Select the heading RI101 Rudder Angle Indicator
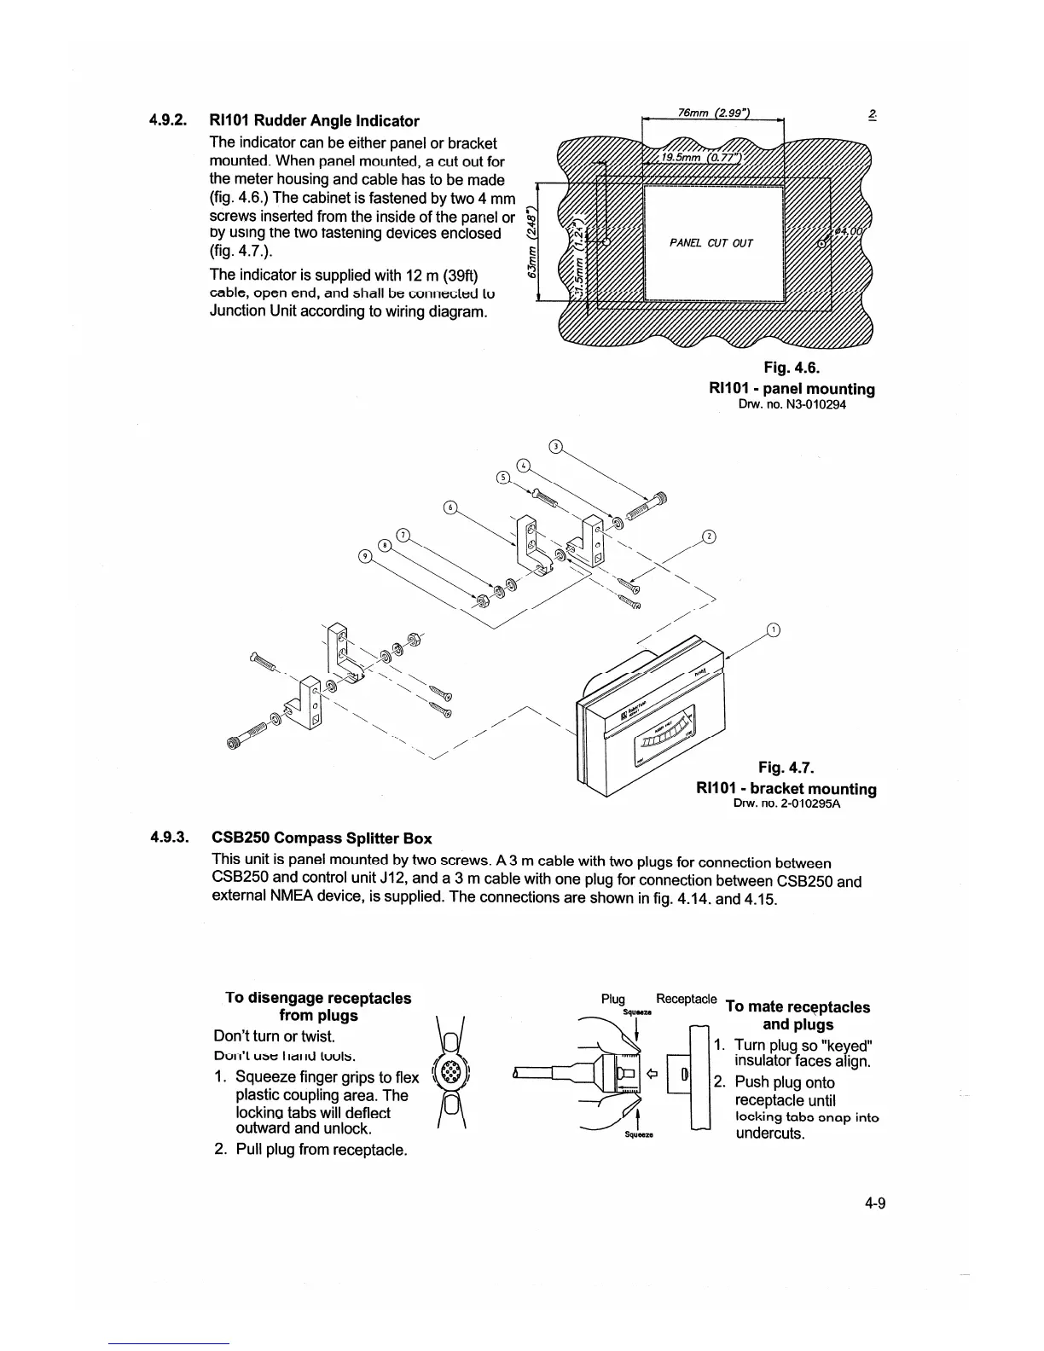click(315, 121)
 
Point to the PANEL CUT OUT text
click(711, 243)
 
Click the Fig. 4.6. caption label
click(791, 368)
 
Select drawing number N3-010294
click(792, 404)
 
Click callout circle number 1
click(774, 630)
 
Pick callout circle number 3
click(555, 446)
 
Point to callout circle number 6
click(450, 509)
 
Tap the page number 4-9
click(874, 1204)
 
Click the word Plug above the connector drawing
click(613, 1000)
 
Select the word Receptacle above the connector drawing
click(686, 1000)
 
